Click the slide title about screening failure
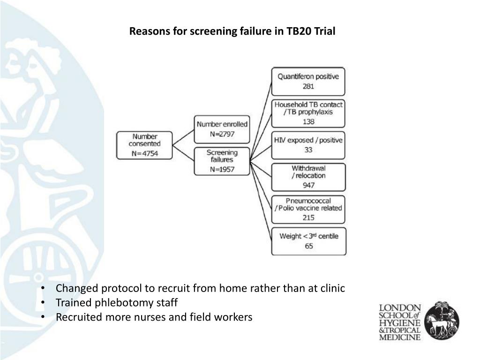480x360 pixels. pos(232,32)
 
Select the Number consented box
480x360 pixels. pos(144,145)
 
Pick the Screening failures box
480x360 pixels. pos(222,161)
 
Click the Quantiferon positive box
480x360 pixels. pos(308,81)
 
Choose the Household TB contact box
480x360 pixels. pos(308,113)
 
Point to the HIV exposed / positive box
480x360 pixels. pos(308,145)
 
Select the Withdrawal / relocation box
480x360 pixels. pos(308,176)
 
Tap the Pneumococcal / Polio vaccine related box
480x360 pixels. pos(308,209)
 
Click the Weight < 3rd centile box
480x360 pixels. pos(308,240)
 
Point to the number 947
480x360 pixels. pos(308,185)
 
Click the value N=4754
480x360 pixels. pos(144,153)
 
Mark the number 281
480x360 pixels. pos(308,87)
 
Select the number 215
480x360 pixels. pos(308,217)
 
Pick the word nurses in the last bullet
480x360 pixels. pos(146,317)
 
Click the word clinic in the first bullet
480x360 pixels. pos(332,288)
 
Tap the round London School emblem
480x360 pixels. pos(442,321)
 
